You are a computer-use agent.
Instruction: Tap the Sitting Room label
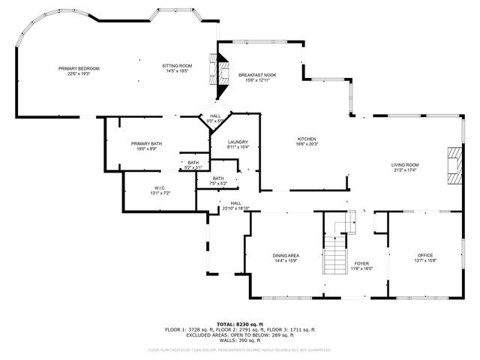click(177, 66)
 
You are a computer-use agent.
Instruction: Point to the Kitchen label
click(307, 139)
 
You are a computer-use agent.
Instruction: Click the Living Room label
click(404, 165)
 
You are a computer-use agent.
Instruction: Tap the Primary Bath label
click(146, 143)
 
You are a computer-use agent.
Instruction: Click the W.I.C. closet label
click(160, 188)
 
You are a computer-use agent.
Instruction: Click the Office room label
click(425, 256)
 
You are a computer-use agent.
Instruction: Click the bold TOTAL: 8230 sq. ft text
click(240, 322)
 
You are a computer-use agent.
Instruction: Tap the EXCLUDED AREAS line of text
click(240, 334)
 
